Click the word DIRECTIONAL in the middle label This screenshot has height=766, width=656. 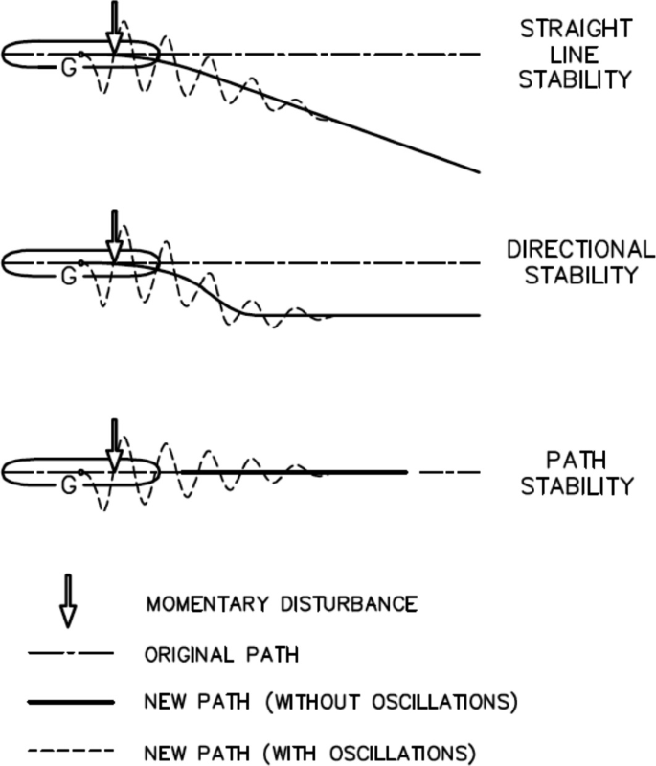point(578,250)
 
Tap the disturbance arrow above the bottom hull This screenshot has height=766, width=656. point(114,445)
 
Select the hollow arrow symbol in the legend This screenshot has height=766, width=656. point(67,602)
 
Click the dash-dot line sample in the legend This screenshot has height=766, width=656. point(70,655)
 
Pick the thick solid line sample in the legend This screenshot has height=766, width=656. point(70,702)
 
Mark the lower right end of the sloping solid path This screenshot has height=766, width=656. point(476,171)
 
